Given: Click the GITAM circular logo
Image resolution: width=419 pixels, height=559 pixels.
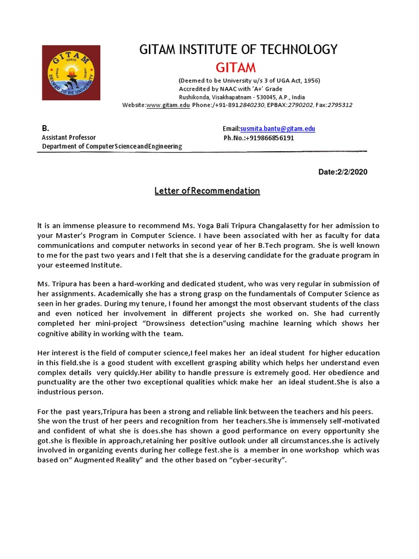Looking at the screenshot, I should click(x=71, y=73).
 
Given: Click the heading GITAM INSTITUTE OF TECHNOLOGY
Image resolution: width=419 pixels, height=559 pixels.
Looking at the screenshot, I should click(x=239, y=50).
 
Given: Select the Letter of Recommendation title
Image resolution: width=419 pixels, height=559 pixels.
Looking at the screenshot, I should click(x=207, y=191).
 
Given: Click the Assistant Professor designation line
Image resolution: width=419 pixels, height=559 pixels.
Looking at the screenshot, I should click(x=69, y=138).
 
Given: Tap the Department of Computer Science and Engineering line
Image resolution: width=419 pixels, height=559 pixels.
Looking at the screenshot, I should click(x=112, y=146).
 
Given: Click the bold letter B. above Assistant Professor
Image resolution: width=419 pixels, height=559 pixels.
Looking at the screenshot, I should click(x=46, y=128).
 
